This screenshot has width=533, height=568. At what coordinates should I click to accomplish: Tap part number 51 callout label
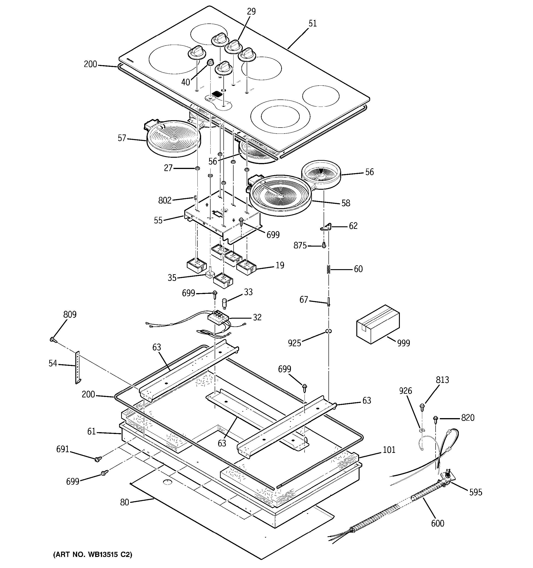point(313,23)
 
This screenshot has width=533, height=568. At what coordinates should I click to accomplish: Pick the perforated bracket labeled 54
point(78,367)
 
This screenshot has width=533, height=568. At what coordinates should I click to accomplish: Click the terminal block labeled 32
point(219,318)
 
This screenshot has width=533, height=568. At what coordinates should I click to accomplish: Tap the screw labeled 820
point(436,419)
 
